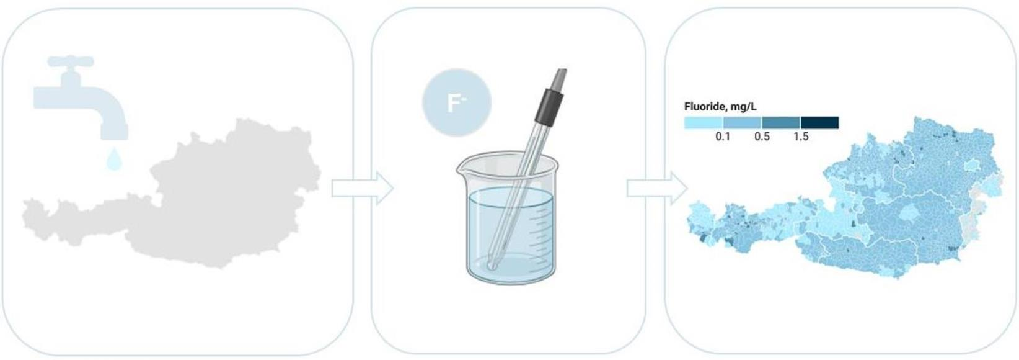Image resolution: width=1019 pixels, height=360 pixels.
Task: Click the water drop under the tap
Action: (x=114, y=158)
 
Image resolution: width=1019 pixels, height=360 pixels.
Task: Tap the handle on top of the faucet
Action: (x=71, y=61)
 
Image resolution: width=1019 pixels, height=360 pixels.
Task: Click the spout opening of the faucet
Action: (x=114, y=136)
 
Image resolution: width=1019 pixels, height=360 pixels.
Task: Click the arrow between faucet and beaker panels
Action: (x=362, y=188)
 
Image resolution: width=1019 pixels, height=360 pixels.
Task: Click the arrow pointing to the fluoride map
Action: (x=657, y=188)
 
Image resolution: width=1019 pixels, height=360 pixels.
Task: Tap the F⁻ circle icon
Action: (x=457, y=102)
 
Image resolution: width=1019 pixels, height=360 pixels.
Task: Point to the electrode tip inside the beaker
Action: (x=492, y=264)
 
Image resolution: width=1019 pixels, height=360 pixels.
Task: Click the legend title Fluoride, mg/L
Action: (x=720, y=107)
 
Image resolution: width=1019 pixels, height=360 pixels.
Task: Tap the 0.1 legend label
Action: (x=723, y=137)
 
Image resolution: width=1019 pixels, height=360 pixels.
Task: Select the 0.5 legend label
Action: (x=762, y=137)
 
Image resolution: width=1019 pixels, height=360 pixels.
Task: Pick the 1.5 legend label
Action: (x=801, y=137)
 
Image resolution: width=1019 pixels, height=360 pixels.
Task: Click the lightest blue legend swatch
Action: (x=704, y=122)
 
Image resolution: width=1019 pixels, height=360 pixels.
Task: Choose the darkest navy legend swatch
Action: (x=820, y=122)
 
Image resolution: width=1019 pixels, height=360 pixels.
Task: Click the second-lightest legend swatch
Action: (x=743, y=122)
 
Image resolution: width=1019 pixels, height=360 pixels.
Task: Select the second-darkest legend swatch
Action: (x=781, y=122)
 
